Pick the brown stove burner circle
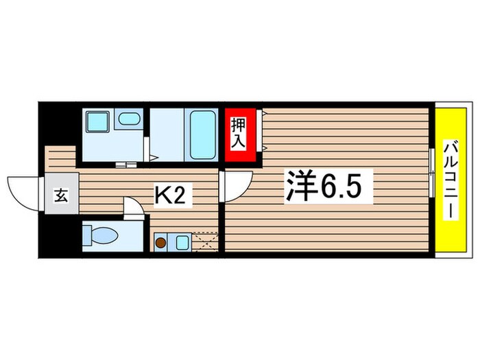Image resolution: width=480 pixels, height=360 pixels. tap(161, 241)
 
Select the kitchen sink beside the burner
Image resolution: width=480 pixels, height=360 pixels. tap(182, 241)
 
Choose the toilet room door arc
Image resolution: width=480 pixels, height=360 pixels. tap(134, 206)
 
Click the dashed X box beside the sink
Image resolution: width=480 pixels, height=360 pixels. tap(206, 242)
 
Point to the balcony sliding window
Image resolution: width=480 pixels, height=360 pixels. tap(431, 171)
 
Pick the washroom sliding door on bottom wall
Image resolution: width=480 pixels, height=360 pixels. tap(125, 165)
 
